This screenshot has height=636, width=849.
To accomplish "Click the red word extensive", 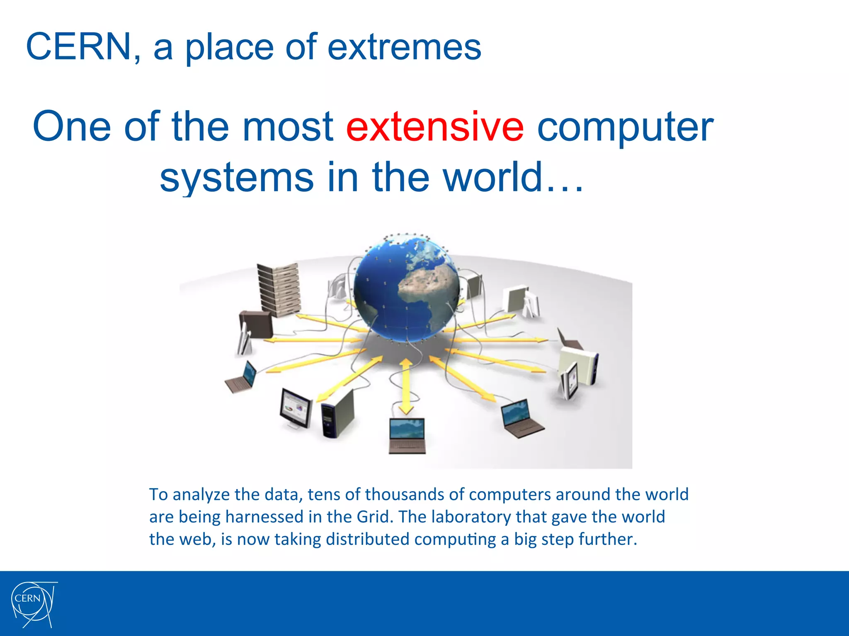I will pyautogui.click(x=435, y=127).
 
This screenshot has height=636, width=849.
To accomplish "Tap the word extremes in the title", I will pyautogui.click(x=404, y=48).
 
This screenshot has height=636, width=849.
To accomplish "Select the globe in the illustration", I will pyautogui.click(x=406, y=290).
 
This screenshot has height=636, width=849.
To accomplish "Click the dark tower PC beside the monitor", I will pyautogui.click(x=338, y=414).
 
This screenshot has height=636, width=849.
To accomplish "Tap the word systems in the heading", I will pyautogui.click(x=237, y=178).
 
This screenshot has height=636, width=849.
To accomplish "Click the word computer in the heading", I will pyautogui.click(x=625, y=127).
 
